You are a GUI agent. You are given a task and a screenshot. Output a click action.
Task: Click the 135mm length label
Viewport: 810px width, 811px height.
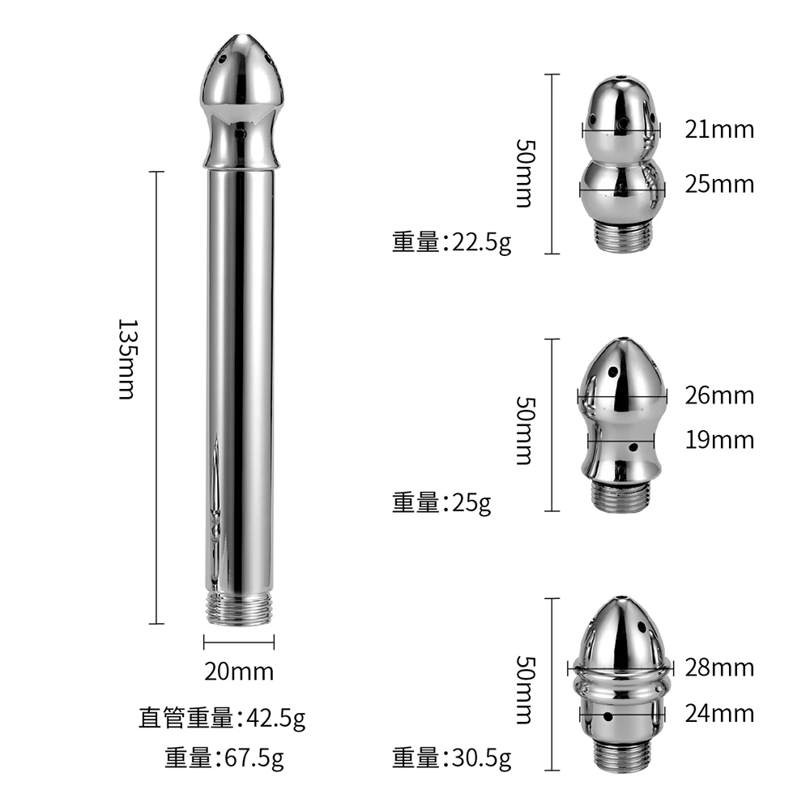coord(126,360)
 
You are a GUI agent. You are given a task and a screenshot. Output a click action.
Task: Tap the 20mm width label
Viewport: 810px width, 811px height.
coord(239,672)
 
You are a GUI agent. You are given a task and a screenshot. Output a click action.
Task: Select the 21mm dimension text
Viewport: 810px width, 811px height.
coord(719,130)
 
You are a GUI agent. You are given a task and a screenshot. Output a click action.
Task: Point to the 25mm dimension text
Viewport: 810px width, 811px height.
coord(719,185)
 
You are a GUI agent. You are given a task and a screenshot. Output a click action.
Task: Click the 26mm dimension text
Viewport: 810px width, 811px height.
coord(719,395)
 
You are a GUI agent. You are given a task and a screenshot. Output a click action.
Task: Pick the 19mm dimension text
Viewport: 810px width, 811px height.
coord(719,440)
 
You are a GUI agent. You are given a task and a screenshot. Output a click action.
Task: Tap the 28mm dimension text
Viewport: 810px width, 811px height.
coord(719,668)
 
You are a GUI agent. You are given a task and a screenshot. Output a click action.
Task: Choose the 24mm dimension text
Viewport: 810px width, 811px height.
coord(719,714)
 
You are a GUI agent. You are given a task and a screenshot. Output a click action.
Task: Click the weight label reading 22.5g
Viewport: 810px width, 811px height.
coord(451,242)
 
